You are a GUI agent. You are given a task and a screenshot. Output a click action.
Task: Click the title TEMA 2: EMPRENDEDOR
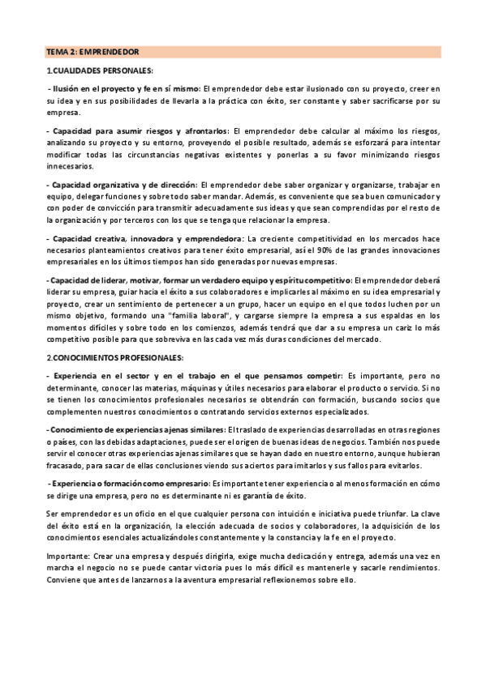pos(92,52)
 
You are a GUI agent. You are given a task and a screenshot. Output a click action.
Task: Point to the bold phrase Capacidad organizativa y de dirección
pos(123,186)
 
